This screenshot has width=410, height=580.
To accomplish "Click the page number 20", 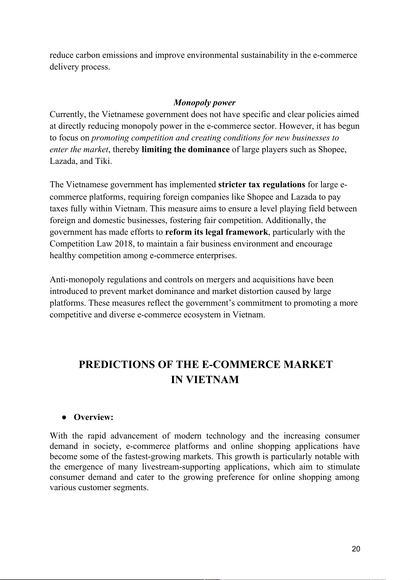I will (x=356, y=549).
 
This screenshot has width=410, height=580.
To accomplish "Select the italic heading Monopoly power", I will (x=204, y=103).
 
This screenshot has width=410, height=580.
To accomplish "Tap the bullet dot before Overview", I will (x=64, y=417).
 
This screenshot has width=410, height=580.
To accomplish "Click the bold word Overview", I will (x=93, y=417).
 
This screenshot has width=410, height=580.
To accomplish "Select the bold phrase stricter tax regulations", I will (x=262, y=184).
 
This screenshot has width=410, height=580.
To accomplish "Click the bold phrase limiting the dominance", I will (x=186, y=149).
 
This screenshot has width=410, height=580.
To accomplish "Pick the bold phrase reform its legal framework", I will (x=216, y=232).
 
